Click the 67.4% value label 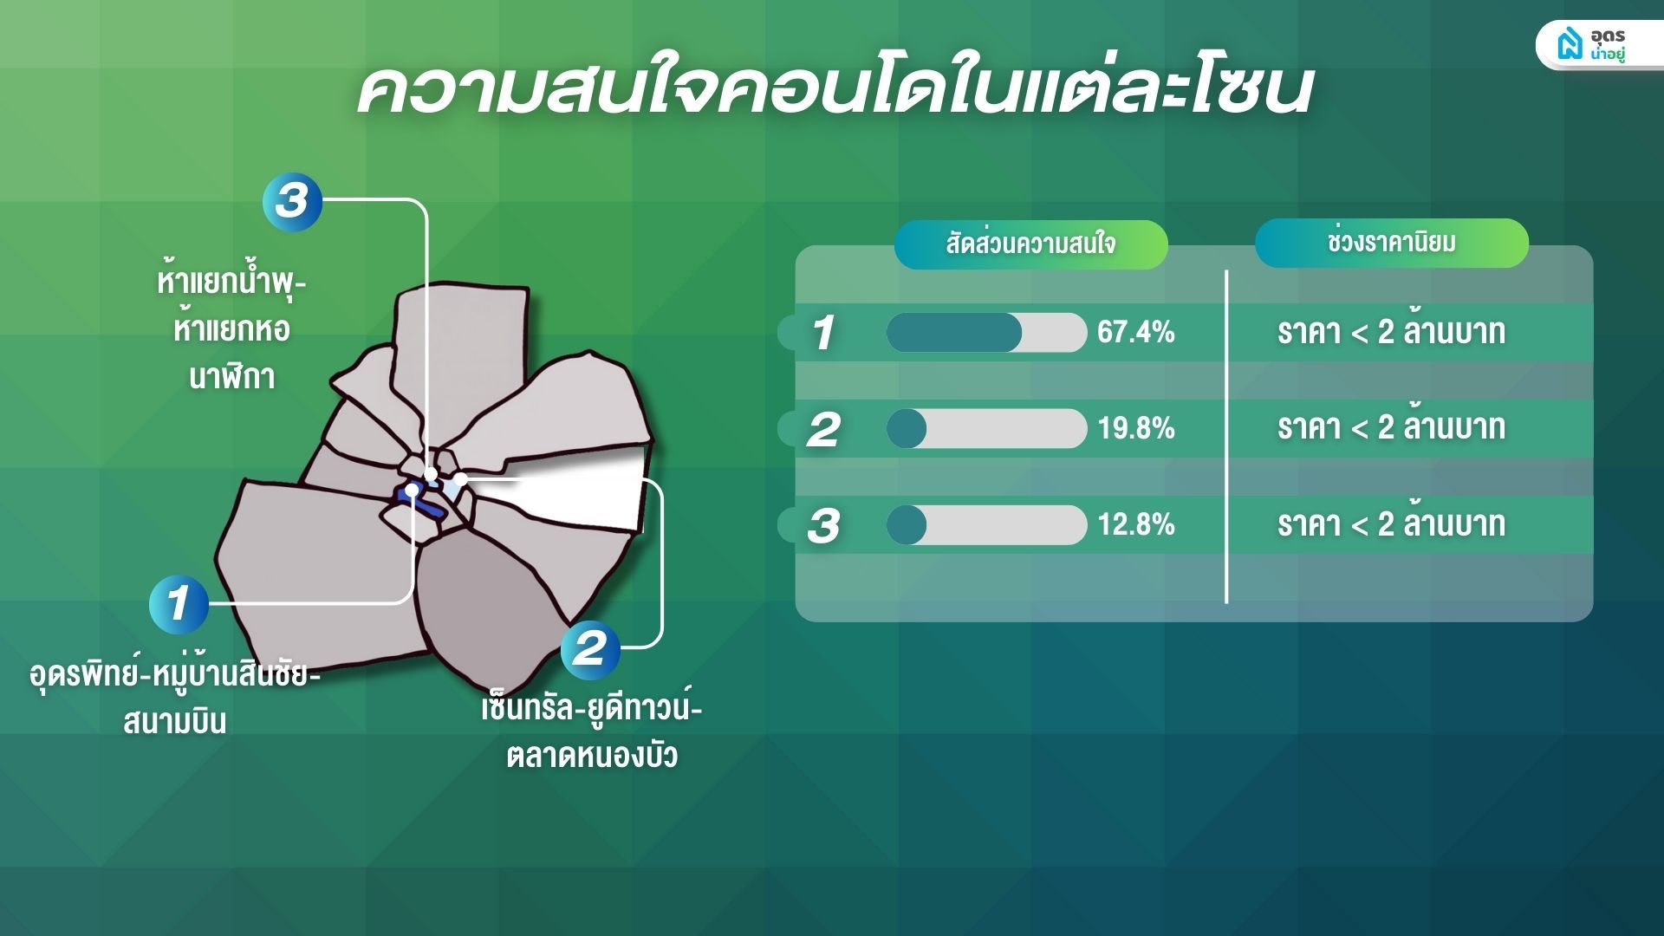click(1135, 332)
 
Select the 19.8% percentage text click(1135, 428)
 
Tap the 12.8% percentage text click(1135, 524)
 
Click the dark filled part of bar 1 click(953, 333)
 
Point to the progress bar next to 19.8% click(986, 429)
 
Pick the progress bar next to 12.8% click(986, 525)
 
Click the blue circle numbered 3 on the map click(292, 201)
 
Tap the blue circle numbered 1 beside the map click(179, 603)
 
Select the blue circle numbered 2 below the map click(590, 648)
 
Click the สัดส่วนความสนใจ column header click(1030, 244)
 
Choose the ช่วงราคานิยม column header click(1391, 243)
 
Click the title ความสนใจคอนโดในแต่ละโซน click(835, 88)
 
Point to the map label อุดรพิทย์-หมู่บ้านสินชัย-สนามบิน click(174, 696)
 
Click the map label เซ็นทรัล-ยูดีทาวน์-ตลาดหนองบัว click(591, 731)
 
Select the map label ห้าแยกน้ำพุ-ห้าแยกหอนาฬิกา click(231, 329)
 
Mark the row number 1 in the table click(822, 333)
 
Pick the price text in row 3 click(1391, 523)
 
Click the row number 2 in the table click(823, 429)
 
